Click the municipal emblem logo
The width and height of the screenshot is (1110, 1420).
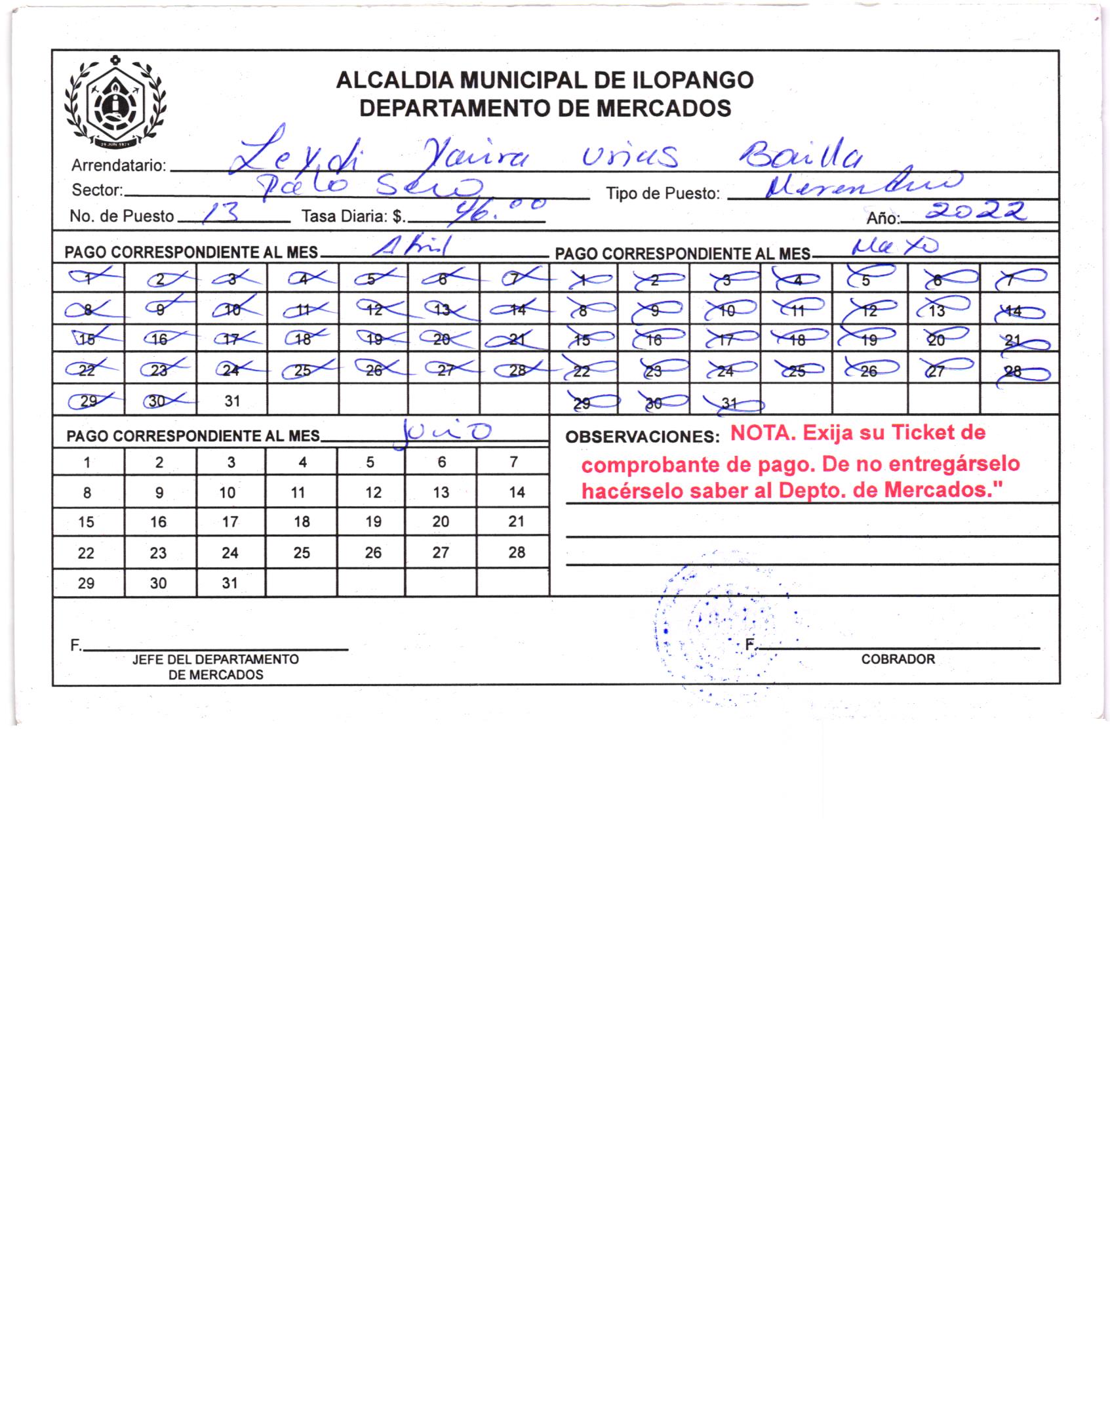coord(115,103)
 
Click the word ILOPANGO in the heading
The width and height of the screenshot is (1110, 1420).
coord(691,80)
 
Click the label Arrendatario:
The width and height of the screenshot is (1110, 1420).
coord(119,165)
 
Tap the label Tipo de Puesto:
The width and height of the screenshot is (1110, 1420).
coord(662,193)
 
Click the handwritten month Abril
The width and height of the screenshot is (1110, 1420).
coord(410,247)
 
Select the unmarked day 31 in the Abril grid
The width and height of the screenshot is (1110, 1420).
coord(232,401)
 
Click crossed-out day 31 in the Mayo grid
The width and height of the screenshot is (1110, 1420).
coord(728,404)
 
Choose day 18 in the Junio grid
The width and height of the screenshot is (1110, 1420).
coord(302,521)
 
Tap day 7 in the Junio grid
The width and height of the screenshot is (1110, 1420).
coord(513,462)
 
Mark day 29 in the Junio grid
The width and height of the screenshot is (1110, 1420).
coord(86,583)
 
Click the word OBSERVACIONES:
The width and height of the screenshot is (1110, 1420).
coord(642,437)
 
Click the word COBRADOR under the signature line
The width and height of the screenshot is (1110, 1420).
coord(898,659)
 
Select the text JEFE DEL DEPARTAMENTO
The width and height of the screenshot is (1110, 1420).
coord(215,659)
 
